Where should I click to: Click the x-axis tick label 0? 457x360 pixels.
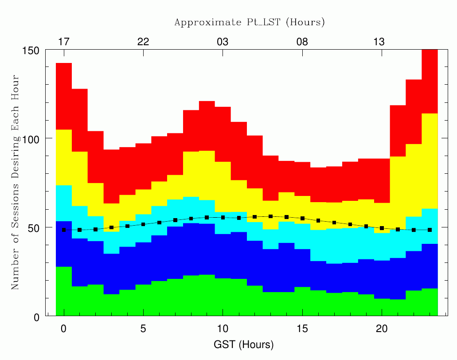coord(63,329)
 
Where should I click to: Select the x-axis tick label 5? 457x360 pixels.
coord(143,329)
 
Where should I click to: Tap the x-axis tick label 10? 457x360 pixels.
coord(223,329)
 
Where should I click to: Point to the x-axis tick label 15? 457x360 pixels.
coord(302,329)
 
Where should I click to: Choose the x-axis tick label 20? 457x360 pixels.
coord(382,329)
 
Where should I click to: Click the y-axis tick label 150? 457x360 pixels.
coord(31,51)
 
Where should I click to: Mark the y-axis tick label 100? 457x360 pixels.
coord(31,139)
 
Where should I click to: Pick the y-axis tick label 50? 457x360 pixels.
coord(34,228)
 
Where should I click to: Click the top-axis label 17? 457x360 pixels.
coord(64,42)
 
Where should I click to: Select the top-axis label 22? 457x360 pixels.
coord(143,42)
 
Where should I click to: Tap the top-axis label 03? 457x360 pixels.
coord(223,42)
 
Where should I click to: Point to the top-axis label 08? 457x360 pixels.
coord(302,42)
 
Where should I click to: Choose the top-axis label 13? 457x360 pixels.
coord(379,42)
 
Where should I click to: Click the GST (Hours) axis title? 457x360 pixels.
coord(244,344)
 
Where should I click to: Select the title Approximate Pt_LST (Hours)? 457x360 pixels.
coord(250,22)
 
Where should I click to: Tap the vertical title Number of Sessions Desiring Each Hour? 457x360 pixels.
coord(15,182)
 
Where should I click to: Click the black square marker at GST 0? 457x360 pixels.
coord(64,230)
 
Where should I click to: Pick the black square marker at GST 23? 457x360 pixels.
coord(430,230)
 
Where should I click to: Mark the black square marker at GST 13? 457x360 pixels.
coord(270,216)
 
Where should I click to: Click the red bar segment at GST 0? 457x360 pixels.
coord(64,96)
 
